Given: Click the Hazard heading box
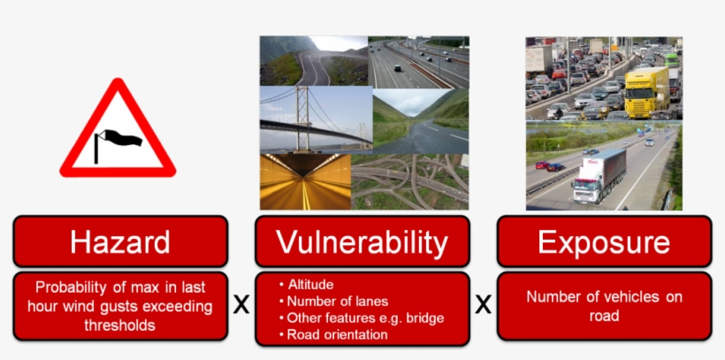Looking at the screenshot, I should [x=120, y=241].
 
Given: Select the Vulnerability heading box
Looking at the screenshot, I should [x=362, y=241].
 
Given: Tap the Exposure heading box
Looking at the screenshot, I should [x=604, y=241].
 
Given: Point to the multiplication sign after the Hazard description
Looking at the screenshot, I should [x=240, y=306].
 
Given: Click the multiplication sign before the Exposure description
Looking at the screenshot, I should [x=483, y=306].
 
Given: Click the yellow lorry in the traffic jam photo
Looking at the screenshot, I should [x=646, y=91].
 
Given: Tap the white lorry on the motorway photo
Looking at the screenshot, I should [x=599, y=173].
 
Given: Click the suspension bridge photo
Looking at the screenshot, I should [x=315, y=119].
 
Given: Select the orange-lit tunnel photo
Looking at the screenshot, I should [x=305, y=181].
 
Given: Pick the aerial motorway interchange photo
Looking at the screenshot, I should [x=410, y=181].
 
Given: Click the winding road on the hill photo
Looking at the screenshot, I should [x=313, y=61].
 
